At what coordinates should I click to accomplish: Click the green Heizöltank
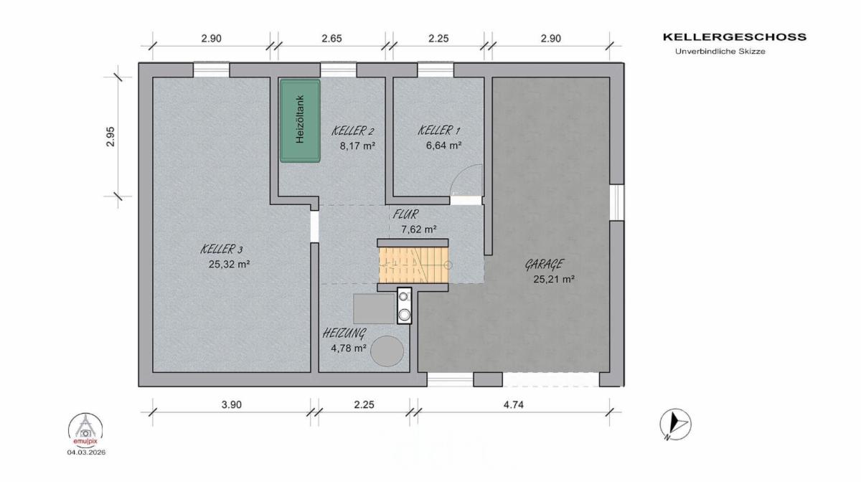click(300, 120)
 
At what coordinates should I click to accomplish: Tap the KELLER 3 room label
click(222, 250)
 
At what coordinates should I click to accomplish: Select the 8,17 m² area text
click(357, 146)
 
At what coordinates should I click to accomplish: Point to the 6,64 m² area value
click(443, 146)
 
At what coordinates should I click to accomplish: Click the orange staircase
click(413, 265)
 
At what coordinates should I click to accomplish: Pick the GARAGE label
click(545, 265)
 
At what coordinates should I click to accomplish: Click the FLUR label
click(405, 214)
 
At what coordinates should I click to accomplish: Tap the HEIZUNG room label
click(344, 333)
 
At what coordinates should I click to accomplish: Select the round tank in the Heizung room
click(387, 351)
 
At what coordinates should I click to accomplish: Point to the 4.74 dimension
click(514, 404)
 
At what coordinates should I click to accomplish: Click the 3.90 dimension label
click(231, 404)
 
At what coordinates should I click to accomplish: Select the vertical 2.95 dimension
click(110, 137)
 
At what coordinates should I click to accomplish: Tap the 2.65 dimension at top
click(331, 39)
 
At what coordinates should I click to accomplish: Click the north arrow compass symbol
click(675, 424)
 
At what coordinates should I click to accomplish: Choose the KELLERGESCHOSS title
click(735, 37)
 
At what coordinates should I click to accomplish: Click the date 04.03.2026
click(86, 452)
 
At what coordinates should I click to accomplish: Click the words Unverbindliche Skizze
click(720, 52)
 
